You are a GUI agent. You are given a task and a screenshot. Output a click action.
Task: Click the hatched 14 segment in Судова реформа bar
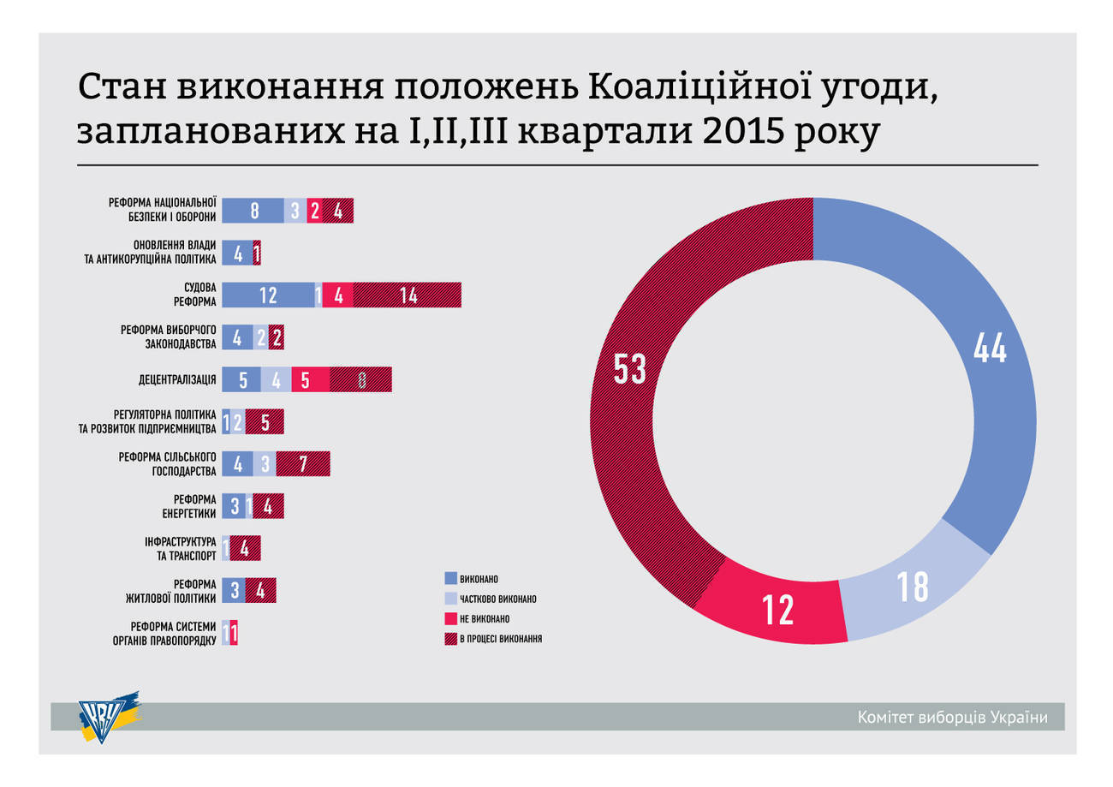(x=408, y=295)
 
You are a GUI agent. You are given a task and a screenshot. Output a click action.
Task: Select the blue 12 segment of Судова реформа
(x=268, y=295)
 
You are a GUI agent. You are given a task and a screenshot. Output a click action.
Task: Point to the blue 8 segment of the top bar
(x=253, y=211)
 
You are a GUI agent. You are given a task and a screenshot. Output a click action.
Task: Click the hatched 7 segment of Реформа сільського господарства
(x=303, y=464)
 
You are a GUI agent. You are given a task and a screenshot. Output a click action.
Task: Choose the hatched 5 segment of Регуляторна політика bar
(x=265, y=422)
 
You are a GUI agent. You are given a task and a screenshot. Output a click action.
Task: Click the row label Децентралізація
(x=176, y=379)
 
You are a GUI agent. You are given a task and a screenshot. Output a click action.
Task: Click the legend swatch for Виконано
(x=450, y=578)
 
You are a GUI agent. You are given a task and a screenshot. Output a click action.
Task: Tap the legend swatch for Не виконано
(x=450, y=617)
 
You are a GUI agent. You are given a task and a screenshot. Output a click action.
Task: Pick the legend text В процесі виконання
(x=501, y=638)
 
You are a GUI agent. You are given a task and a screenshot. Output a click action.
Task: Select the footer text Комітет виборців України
(x=952, y=717)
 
